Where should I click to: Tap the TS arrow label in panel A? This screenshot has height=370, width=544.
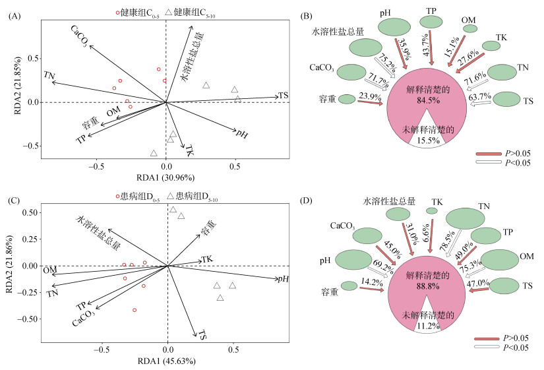(284, 96)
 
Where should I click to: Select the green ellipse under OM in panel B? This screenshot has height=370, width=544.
(469, 28)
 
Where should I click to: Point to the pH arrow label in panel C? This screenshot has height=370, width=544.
(284, 279)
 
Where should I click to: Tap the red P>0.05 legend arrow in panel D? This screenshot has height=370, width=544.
(487, 337)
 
